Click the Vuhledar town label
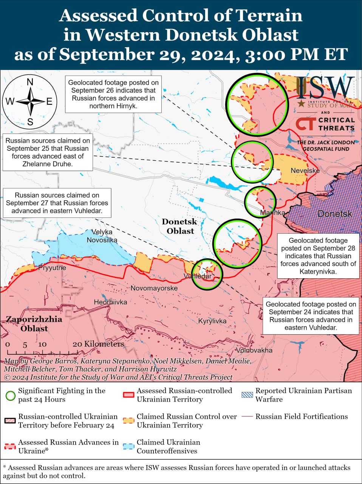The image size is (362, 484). pyautogui.click(x=197, y=276)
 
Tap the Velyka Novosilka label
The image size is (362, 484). pyautogui.click(x=102, y=236)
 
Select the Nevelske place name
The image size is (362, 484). pyautogui.click(x=305, y=171)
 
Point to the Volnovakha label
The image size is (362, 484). pyautogui.click(x=254, y=350)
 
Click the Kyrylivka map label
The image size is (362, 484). pyautogui.click(x=212, y=321)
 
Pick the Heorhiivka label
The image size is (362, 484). pyautogui.click(x=110, y=302)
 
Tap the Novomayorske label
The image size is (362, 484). pyautogui.click(x=154, y=288)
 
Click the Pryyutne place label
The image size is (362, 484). pyautogui.click(x=52, y=268)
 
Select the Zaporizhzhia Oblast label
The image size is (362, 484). pyautogui.click(x=34, y=324)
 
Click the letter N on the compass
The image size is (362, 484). pyautogui.click(x=30, y=82)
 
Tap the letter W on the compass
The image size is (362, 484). pyautogui.click(x=9, y=101)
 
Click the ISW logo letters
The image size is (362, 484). pyautogui.click(x=325, y=88)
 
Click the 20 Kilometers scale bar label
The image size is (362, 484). pyautogui.click(x=98, y=344)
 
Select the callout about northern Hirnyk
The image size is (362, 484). pyautogui.click(x=113, y=94)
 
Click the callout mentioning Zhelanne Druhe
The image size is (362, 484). pyautogui.click(x=48, y=152)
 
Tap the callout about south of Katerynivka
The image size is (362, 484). pyautogui.click(x=318, y=256)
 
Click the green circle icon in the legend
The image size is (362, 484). pyautogui.click(x=11, y=396)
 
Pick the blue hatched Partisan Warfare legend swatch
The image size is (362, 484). pyautogui.click(x=247, y=395)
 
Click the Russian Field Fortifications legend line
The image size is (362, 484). pyautogui.click(x=247, y=417)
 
